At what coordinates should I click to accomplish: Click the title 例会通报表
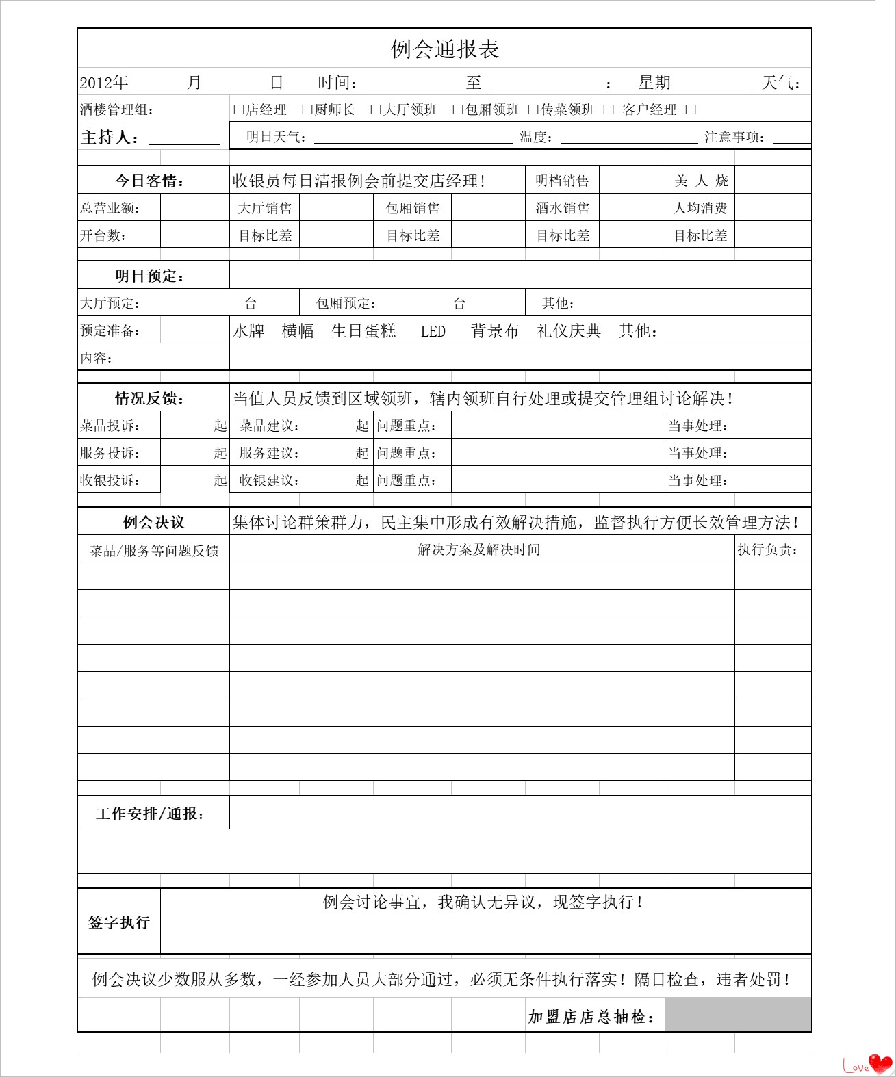click(x=445, y=49)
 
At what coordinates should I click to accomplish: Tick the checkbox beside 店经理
click(x=239, y=109)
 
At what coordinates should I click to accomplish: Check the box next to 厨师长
click(x=307, y=109)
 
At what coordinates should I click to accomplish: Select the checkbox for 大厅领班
click(x=376, y=109)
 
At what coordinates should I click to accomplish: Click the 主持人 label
click(x=110, y=138)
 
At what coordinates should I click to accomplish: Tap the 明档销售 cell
click(x=562, y=181)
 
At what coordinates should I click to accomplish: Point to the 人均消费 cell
click(x=700, y=208)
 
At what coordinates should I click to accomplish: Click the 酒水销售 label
click(x=562, y=208)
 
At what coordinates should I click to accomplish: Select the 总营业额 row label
click(x=110, y=208)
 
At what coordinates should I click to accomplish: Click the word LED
click(x=433, y=332)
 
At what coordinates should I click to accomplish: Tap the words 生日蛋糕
click(x=363, y=331)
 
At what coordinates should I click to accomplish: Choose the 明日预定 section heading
click(x=150, y=276)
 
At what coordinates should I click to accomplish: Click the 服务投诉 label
click(x=110, y=453)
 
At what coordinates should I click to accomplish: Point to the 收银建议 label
click(x=269, y=480)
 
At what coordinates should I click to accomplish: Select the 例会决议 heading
click(x=153, y=523)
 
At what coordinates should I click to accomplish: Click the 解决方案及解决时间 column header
click(x=479, y=549)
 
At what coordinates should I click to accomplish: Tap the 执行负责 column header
click(x=768, y=549)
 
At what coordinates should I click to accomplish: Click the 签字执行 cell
click(x=119, y=922)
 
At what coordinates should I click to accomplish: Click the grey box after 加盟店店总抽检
click(x=738, y=1015)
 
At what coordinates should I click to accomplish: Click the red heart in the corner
click(x=880, y=1063)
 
